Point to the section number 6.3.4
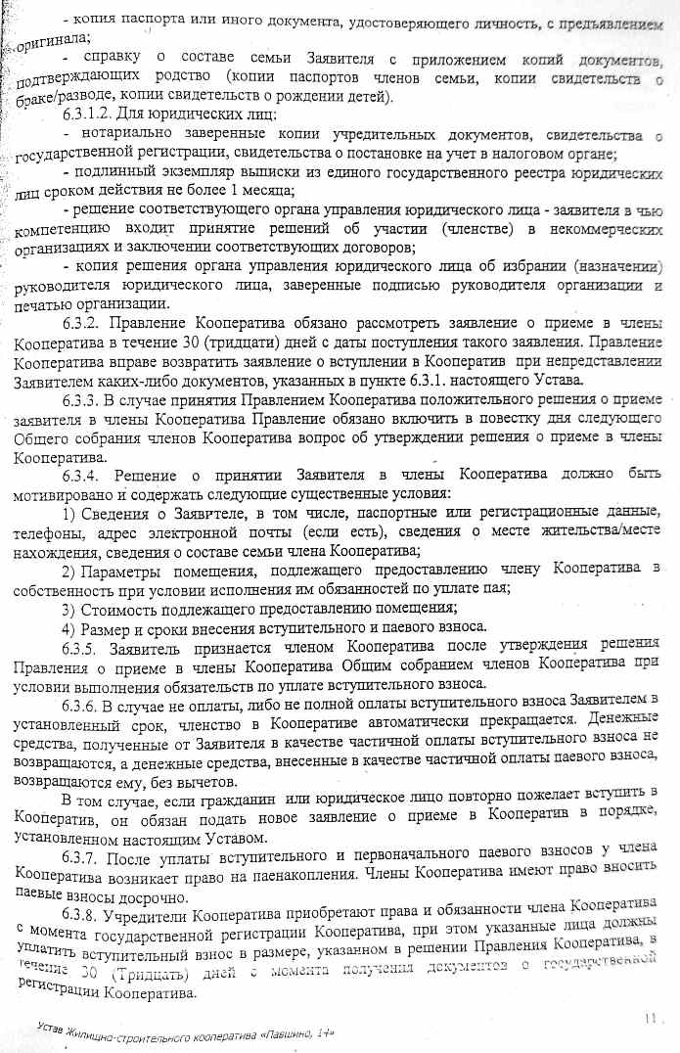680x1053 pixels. [80, 476]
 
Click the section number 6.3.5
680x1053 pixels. [81, 647]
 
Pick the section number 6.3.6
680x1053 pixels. [81, 699]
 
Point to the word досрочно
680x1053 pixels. [142, 893]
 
